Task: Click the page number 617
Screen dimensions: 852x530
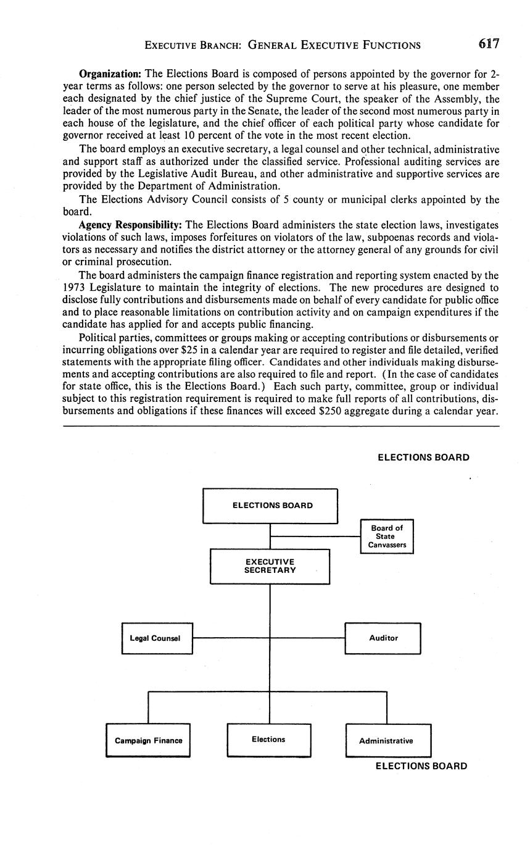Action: (487, 44)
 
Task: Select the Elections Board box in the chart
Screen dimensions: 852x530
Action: (270, 506)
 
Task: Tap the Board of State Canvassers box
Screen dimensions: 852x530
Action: (387, 537)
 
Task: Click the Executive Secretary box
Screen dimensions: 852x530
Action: (270, 566)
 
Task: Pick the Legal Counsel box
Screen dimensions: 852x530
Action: (157, 638)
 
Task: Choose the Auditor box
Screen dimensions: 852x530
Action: (383, 638)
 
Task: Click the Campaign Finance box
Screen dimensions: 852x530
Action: (148, 740)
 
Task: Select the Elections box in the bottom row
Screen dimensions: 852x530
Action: (268, 740)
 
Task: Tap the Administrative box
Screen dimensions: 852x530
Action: (387, 741)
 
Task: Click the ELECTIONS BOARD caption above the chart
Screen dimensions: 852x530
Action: (423, 457)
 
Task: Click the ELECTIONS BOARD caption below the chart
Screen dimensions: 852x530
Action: (421, 766)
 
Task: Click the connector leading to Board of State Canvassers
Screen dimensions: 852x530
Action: (315, 537)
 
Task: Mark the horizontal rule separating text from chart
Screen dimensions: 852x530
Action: (280, 425)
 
